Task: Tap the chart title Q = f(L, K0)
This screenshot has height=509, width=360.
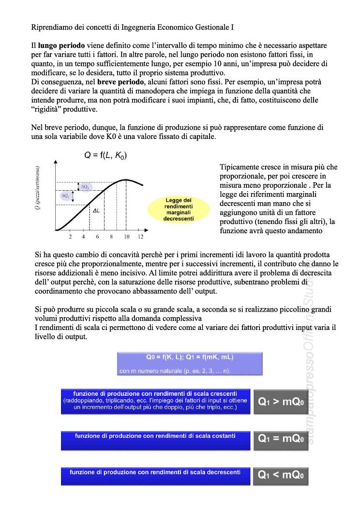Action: tap(106, 155)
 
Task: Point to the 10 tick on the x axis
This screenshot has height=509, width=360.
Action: tap(126, 237)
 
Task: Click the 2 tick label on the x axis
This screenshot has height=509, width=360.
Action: tap(70, 237)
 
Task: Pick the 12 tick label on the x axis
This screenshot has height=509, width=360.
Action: tap(140, 237)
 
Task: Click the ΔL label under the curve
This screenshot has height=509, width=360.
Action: tap(96, 211)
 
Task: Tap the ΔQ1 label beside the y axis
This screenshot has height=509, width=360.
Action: tap(65, 196)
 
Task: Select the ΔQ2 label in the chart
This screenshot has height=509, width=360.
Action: tap(85, 187)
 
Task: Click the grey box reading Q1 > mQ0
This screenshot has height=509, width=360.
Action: tap(281, 402)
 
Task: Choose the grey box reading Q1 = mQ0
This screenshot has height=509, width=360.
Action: tap(281, 439)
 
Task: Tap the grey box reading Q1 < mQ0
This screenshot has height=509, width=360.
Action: tap(281, 475)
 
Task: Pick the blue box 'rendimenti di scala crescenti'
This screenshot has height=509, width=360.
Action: tap(155, 401)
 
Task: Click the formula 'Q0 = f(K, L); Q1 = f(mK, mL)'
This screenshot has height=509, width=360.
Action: tap(190, 358)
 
